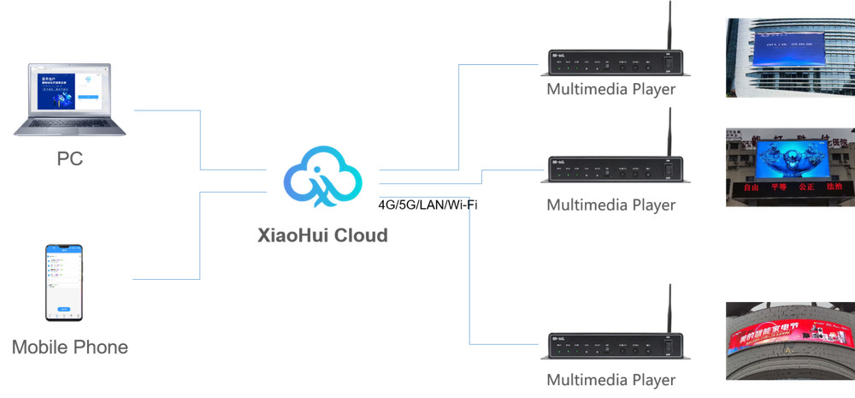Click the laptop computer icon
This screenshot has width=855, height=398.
[x=70, y=98]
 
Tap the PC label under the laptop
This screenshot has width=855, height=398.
[x=70, y=159]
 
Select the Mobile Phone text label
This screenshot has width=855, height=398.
[x=70, y=348]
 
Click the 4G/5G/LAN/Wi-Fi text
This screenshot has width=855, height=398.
[x=427, y=205]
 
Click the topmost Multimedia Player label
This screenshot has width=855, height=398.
[x=610, y=89]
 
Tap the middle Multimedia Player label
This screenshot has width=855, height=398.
[x=610, y=205]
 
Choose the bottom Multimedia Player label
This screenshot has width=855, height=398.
[x=610, y=380]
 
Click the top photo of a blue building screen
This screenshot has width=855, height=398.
[x=790, y=57]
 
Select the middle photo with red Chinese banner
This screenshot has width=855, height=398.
[x=790, y=167]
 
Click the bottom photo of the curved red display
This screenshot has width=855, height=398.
[x=790, y=341]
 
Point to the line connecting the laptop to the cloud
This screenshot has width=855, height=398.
[x=200, y=137]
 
